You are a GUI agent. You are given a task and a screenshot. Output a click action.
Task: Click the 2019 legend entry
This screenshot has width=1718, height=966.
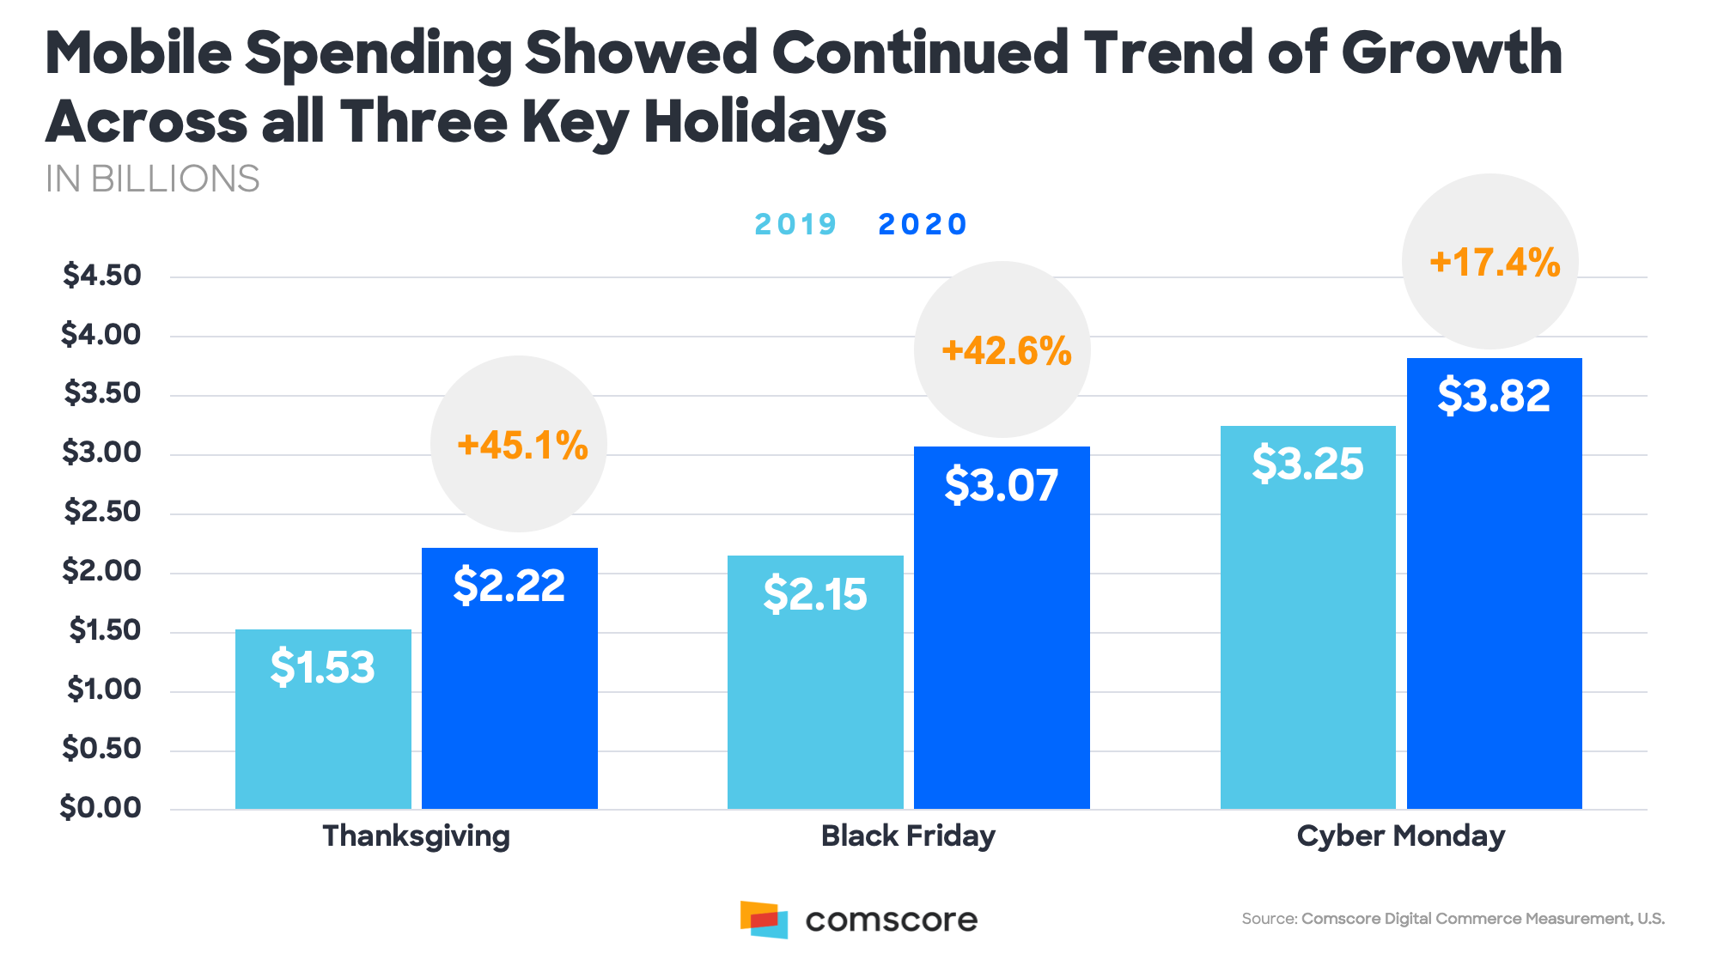pos(795,224)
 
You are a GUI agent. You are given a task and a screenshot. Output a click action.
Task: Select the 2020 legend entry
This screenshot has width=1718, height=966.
pos(922,224)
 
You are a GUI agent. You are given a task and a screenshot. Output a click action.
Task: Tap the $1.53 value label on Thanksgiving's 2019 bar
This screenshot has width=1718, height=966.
pos(323,667)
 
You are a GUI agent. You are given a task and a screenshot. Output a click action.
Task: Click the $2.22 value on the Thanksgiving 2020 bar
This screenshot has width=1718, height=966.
pos(509,586)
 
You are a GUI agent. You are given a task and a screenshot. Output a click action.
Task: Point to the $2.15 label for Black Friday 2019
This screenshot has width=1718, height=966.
pos(815,594)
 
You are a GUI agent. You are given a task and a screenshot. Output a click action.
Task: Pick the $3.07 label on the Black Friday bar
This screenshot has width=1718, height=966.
pos(1002,485)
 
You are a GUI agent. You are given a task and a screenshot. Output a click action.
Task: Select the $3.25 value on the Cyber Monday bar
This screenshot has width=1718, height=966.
pos(1307,464)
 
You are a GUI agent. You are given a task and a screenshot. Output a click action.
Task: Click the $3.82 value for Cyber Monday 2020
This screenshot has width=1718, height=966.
pos(1494,396)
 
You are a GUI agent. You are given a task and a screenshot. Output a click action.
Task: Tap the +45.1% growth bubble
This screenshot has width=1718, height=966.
pos(520,445)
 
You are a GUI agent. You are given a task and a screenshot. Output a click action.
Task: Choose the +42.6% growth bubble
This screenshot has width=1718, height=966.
pos(1003,350)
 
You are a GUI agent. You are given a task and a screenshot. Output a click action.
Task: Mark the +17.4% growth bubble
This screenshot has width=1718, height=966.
pos(1491,262)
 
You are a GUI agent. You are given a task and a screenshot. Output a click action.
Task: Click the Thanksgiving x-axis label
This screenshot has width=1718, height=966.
pos(417,835)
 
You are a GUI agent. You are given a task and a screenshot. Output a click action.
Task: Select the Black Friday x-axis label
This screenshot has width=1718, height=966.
pos(908,835)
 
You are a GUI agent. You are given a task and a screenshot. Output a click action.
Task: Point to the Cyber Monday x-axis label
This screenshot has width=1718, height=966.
pos(1401,835)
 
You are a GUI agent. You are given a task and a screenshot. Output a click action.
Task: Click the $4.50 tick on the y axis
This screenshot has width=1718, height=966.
pos(101,276)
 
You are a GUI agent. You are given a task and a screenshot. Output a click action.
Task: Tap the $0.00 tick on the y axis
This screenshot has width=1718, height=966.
pos(101,807)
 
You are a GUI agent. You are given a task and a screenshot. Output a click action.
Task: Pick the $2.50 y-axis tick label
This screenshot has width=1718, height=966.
pos(101,512)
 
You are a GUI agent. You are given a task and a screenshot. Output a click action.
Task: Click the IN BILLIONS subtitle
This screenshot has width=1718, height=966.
pos(152,179)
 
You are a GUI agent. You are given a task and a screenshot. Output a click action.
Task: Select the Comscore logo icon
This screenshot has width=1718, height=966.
pos(764,920)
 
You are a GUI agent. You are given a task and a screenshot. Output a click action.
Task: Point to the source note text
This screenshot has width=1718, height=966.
pos(1453,919)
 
